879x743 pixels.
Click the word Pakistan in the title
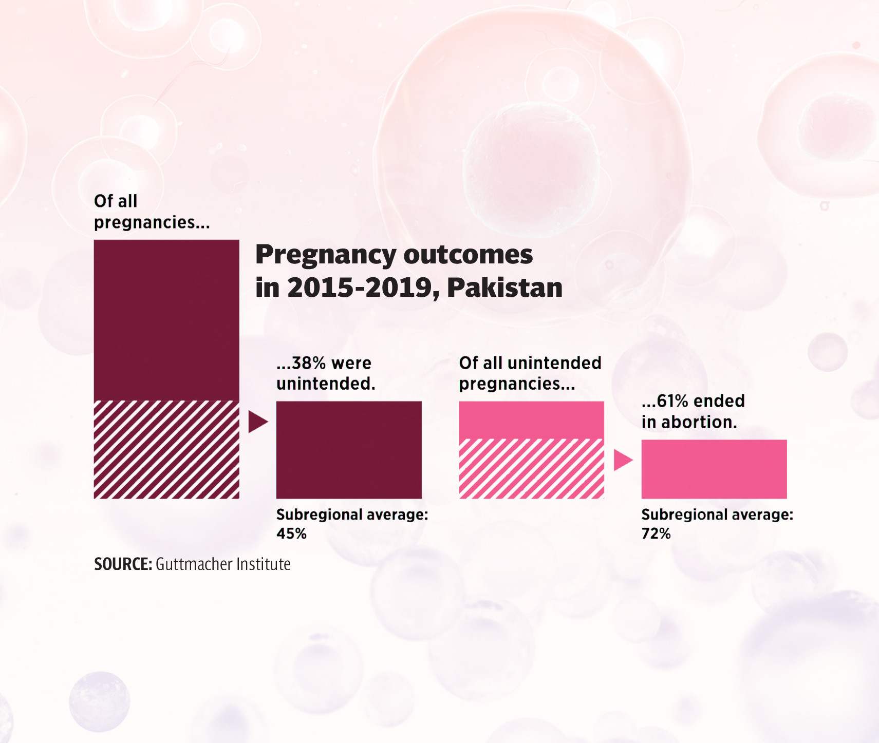[x=504, y=288]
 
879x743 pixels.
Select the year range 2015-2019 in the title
[x=359, y=288]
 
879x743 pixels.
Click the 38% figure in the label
[x=309, y=363]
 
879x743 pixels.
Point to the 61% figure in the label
[x=672, y=401]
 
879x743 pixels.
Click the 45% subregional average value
[x=291, y=534]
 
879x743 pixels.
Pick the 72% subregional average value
[x=656, y=534]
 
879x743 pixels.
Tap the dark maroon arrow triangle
[x=257, y=422]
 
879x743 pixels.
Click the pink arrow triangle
[x=622, y=460]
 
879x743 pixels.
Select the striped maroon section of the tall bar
[x=166, y=450]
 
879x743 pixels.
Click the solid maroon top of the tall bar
[x=166, y=319]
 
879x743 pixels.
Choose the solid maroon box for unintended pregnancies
[x=349, y=450]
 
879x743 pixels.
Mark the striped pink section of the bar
[x=531, y=469]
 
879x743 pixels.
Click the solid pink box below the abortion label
[x=714, y=469]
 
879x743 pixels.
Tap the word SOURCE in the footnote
[x=122, y=564]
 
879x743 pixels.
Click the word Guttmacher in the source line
[x=188, y=564]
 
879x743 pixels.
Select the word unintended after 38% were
[x=326, y=384]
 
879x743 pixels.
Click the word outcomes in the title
[x=468, y=255]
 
